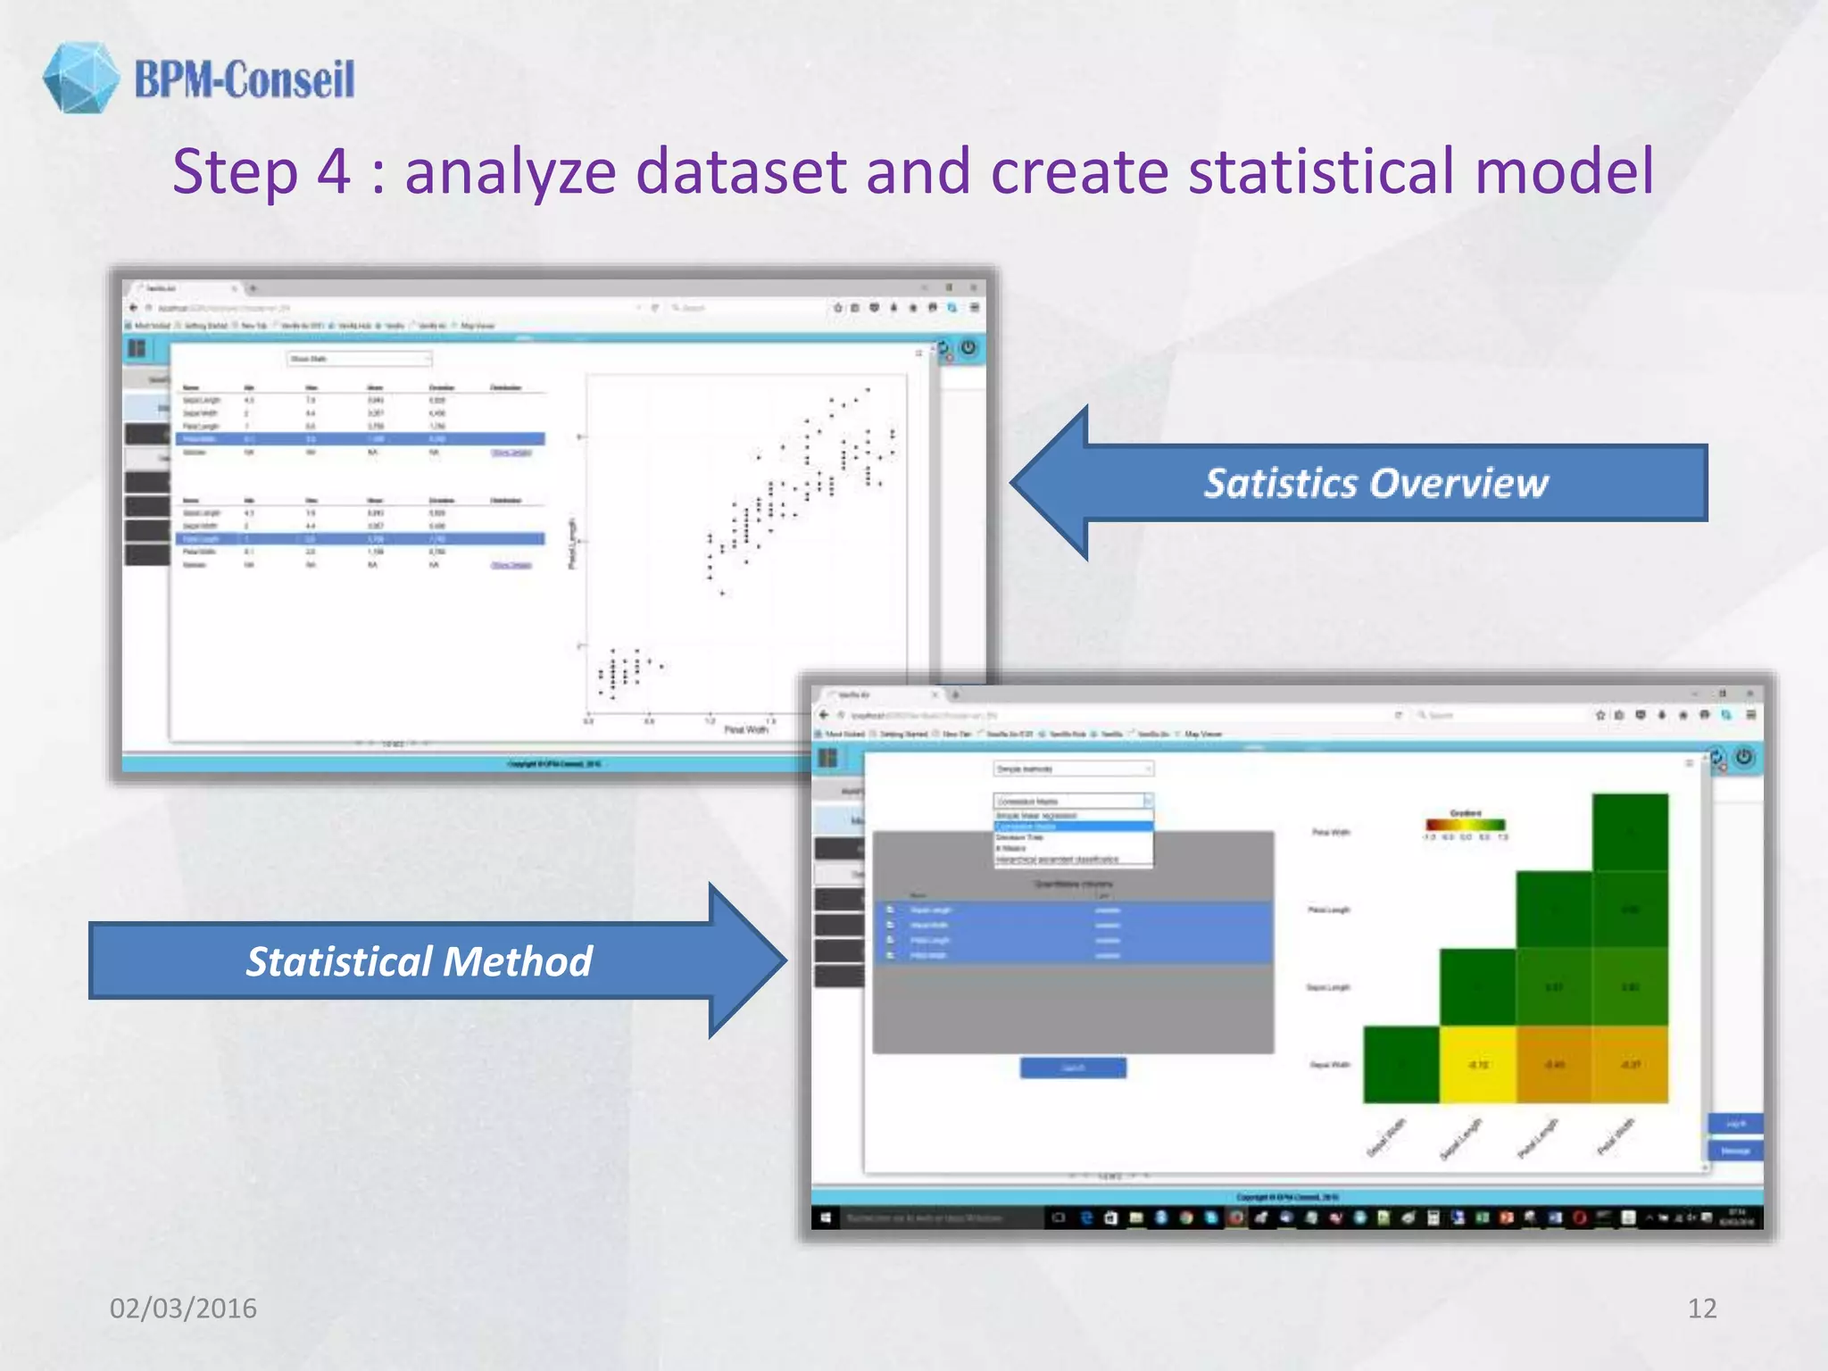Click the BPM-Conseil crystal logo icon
80,78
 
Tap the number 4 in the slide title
333,171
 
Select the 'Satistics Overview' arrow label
1375,483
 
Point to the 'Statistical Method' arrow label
419,961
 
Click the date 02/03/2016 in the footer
183,1308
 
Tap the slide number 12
1701,1308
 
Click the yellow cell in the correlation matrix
1477,1064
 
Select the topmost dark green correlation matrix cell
1630,832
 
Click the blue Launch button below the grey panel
1073,1068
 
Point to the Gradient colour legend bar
1465,825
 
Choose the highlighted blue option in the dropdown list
1073,827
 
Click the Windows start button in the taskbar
826,1217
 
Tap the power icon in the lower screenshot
1743,758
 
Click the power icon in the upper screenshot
968,347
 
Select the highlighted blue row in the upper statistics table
361,439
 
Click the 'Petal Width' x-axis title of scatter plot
745,730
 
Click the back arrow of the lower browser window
824,715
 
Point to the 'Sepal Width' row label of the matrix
1329,1064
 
